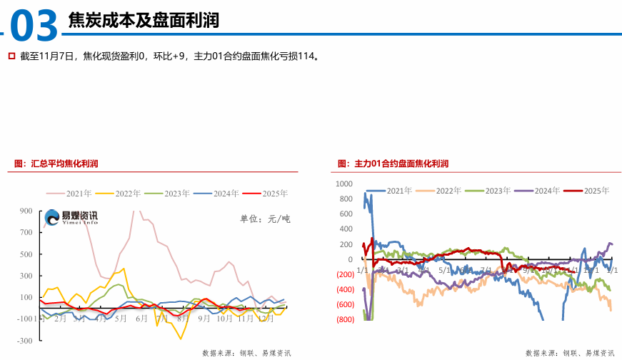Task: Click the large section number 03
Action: pyautogui.click(x=34, y=26)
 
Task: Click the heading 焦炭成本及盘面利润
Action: pyautogui.click(x=143, y=21)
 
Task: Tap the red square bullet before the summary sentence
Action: pyautogui.click(x=11, y=55)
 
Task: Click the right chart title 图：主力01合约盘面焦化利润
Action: pyautogui.click(x=393, y=164)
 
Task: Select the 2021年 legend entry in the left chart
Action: pyautogui.click(x=69, y=193)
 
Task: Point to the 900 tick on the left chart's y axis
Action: pyautogui.click(x=26, y=211)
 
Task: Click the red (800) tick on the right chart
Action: pyautogui.click(x=344, y=319)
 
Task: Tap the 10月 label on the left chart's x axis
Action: pyautogui.click(x=224, y=319)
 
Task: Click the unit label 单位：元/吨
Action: pyautogui.click(x=265, y=219)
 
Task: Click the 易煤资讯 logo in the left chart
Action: pyautogui.click(x=71, y=218)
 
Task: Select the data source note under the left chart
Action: pyautogui.click(x=246, y=353)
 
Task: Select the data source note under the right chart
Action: pyautogui.click(x=570, y=353)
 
